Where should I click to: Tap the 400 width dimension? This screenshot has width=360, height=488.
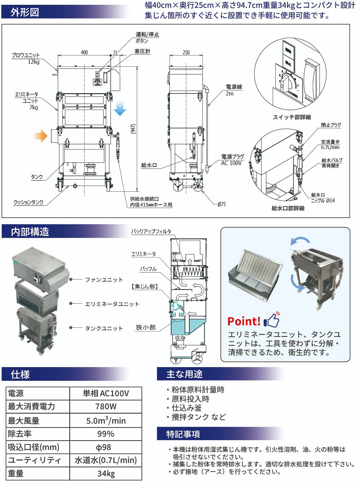click(x=84, y=52)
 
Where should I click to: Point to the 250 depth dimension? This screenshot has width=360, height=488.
click(x=186, y=52)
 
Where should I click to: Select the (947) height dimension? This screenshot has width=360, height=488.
click(x=133, y=129)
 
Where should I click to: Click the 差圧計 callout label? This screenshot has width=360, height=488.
click(x=142, y=51)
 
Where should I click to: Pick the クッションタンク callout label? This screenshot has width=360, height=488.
click(x=28, y=202)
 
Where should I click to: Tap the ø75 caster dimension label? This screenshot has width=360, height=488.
click(x=222, y=204)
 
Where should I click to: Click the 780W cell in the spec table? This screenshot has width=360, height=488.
click(x=106, y=406)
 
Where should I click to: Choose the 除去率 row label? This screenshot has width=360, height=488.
click(x=20, y=434)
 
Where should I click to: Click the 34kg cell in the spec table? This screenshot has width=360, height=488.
click(x=106, y=474)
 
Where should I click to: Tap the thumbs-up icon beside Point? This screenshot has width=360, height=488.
click(x=272, y=320)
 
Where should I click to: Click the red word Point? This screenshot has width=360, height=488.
click(x=244, y=321)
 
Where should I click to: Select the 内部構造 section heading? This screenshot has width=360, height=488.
click(x=30, y=232)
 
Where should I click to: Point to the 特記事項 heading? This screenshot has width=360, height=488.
click(x=183, y=434)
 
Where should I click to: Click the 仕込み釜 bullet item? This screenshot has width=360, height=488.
click(x=187, y=408)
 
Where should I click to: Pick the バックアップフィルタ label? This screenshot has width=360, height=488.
click(x=151, y=232)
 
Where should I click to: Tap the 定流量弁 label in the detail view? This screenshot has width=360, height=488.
click(x=330, y=142)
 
